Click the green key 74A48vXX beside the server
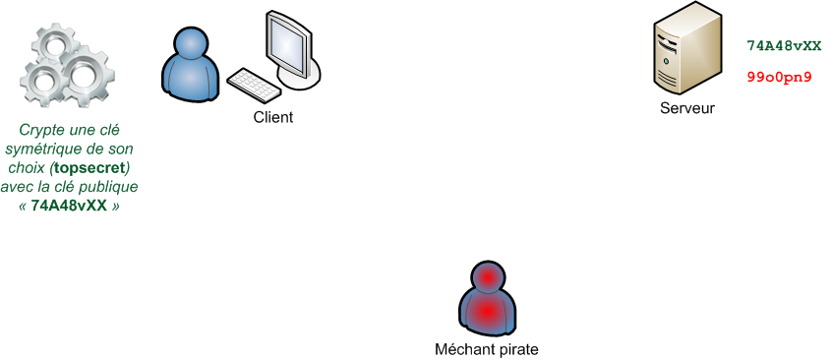click(784, 46)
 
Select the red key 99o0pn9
click(779, 76)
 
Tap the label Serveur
click(687, 108)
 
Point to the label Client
click(273, 117)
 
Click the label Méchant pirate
click(487, 349)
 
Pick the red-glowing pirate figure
click(487, 300)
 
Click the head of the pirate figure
click(488, 278)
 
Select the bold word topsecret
click(90, 167)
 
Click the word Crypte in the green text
click(40, 130)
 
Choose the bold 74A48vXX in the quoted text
click(69, 206)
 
